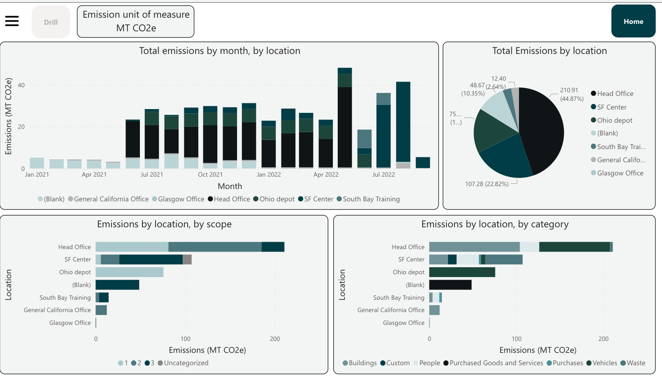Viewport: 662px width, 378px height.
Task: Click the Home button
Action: (633, 21)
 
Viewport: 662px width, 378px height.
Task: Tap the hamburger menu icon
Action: (12, 21)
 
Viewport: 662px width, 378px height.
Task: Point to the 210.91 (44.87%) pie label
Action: (571, 94)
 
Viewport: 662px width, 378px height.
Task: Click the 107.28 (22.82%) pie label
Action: (486, 184)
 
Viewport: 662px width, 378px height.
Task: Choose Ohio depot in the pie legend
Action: (614, 120)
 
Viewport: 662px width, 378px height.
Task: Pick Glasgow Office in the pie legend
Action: (620, 173)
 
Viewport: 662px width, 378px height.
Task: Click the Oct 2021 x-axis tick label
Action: (210, 175)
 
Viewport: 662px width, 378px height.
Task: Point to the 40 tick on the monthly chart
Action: (21, 85)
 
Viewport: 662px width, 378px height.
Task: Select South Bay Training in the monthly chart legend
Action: (371, 199)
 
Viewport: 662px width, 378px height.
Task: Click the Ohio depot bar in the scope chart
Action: (130, 272)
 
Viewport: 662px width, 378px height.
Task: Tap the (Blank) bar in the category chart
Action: (450, 285)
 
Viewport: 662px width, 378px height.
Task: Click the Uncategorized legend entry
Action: (186, 363)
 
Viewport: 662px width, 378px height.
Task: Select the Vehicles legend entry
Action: (604, 363)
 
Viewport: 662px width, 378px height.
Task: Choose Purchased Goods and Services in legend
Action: (496, 363)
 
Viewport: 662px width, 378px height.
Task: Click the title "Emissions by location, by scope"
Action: (164, 224)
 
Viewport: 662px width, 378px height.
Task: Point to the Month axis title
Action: (230, 186)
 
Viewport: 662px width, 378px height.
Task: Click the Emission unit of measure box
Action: (136, 21)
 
